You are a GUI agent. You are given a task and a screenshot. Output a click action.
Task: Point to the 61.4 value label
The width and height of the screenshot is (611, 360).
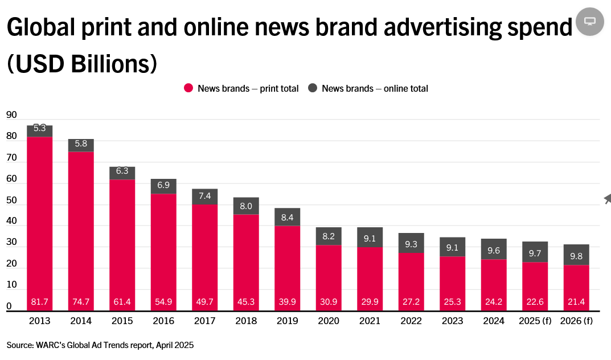(122, 302)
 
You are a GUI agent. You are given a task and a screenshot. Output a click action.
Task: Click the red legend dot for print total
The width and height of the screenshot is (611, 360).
(188, 88)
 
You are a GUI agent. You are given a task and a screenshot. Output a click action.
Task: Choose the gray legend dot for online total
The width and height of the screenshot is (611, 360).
(313, 88)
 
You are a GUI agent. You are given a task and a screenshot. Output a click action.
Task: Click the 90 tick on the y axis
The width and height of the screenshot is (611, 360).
(11, 114)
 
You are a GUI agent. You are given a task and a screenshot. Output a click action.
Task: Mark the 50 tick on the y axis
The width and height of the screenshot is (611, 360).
(11, 201)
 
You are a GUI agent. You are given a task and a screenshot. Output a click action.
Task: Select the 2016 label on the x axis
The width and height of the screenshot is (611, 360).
(163, 321)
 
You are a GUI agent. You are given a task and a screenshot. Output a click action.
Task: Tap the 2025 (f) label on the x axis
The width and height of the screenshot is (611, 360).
(535, 321)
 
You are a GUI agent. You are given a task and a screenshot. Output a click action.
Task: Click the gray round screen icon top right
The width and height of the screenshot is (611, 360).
(590, 22)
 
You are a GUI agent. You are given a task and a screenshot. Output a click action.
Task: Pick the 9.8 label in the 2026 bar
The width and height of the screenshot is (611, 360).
(576, 257)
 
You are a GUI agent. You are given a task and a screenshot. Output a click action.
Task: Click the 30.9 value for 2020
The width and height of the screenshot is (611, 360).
(329, 302)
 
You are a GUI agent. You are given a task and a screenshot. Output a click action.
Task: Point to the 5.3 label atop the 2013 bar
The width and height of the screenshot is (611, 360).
(39, 129)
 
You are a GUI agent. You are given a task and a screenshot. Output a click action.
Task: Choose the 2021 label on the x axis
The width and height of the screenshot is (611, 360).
(370, 321)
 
